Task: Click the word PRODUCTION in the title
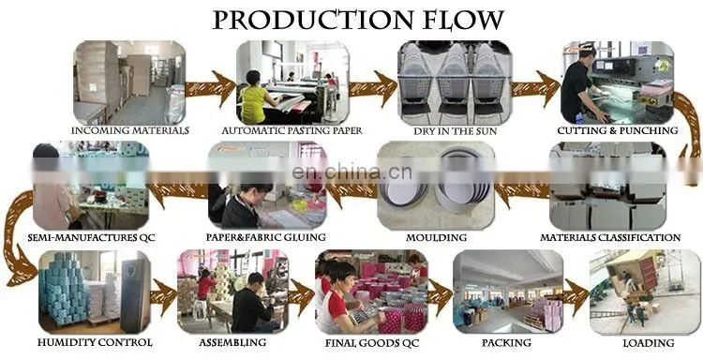pyautogui.click(x=312, y=20)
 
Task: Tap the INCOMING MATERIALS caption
pyautogui.click(x=130, y=131)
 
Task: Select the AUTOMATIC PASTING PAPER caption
pyautogui.click(x=292, y=131)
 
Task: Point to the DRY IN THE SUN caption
pyautogui.click(x=455, y=131)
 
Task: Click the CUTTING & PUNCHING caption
pyautogui.click(x=618, y=131)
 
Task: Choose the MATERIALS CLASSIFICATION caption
pyautogui.click(x=610, y=237)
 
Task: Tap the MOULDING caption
pyautogui.click(x=436, y=237)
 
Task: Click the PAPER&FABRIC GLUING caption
pyautogui.click(x=266, y=237)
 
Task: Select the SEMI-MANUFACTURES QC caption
pyautogui.click(x=92, y=237)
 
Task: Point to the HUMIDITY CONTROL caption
pyautogui.click(x=95, y=343)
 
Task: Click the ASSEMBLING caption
pyautogui.click(x=232, y=343)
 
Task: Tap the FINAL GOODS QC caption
pyautogui.click(x=372, y=343)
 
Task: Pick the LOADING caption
pyautogui.click(x=649, y=343)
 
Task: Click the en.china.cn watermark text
pyautogui.click(x=351, y=172)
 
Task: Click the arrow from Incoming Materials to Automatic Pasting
pyautogui.click(x=210, y=88)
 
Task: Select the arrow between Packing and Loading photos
pyautogui.click(x=576, y=296)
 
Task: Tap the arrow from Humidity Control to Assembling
pyautogui.click(x=164, y=296)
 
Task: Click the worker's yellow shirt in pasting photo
pyautogui.click(x=253, y=104)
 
